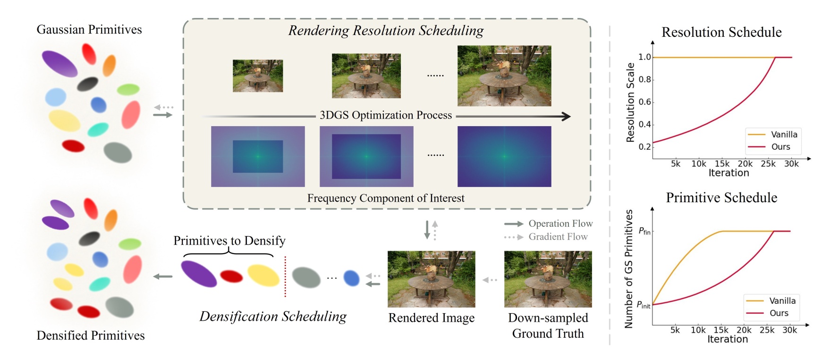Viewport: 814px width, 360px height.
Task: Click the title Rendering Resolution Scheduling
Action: click(x=386, y=31)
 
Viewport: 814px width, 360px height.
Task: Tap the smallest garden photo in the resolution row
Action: click(x=258, y=76)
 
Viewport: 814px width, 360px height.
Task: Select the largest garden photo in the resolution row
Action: click(x=504, y=76)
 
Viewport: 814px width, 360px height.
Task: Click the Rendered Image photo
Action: click(x=431, y=279)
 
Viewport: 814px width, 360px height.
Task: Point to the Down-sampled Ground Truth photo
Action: click(x=548, y=279)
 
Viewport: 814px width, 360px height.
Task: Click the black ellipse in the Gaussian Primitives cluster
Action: click(x=87, y=84)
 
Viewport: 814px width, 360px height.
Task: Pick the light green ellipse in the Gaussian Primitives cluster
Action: click(x=128, y=89)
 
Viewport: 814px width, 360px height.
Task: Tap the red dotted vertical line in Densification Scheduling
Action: click(x=285, y=277)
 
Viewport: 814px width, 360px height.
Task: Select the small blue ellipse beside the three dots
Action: click(x=351, y=278)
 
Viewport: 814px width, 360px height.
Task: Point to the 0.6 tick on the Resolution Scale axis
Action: click(x=645, y=102)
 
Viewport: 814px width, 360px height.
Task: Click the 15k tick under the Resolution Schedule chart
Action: click(x=722, y=164)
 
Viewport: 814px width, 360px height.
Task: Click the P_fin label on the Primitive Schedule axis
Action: click(x=644, y=231)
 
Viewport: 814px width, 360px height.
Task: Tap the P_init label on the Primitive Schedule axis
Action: click(x=643, y=305)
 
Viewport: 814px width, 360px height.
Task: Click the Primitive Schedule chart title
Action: click(x=721, y=197)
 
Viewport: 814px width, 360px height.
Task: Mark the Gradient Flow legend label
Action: click(x=558, y=237)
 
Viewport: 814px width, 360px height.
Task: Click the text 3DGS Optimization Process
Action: click(x=386, y=115)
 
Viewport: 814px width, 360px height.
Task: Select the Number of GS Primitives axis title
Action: click(x=628, y=269)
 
